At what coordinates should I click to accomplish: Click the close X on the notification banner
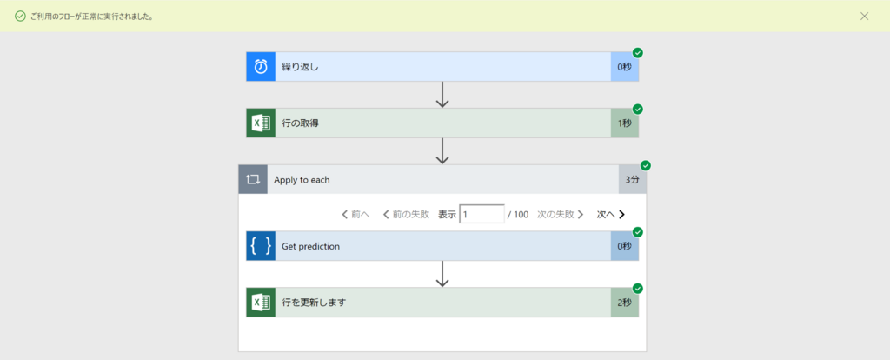click(x=864, y=16)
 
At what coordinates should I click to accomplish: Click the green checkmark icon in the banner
click(x=20, y=16)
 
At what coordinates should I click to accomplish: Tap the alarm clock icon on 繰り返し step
click(x=261, y=67)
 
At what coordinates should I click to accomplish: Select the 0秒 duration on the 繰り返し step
click(x=624, y=67)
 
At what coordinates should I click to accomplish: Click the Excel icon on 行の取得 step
click(x=261, y=123)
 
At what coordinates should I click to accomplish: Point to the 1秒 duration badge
click(x=624, y=123)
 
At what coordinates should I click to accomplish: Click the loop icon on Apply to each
click(x=253, y=180)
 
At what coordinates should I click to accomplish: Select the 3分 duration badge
click(x=632, y=180)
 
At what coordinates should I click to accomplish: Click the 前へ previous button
click(x=355, y=214)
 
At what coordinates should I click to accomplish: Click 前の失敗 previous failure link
click(x=406, y=214)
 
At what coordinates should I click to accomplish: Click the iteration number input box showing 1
click(x=482, y=214)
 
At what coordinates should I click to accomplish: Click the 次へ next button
click(x=610, y=214)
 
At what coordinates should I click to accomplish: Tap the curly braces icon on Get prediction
click(x=261, y=246)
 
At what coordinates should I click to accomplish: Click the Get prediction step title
click(x=310, y=246)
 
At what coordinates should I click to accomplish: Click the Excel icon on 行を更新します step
click(x=261, y=303)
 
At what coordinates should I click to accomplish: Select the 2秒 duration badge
click(x=624, y=303)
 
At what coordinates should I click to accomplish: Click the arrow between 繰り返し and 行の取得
click(x=442, y=95)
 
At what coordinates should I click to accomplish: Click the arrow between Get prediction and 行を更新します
click(x=442, y=274)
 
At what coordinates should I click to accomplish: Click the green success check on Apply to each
click(x=645, y=165)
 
